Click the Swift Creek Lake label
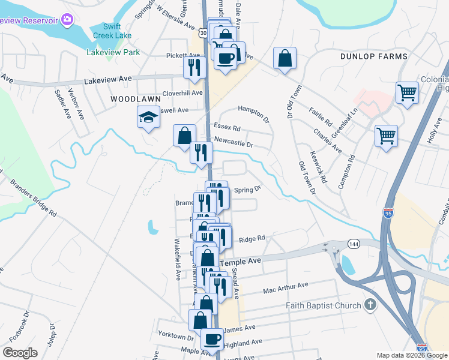112,31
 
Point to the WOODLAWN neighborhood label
135,98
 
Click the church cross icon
370,305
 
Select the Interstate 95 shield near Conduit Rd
387,212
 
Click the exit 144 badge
353,244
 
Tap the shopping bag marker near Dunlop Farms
285,58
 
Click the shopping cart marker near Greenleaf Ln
407,93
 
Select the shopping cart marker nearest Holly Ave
385,134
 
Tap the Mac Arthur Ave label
285,289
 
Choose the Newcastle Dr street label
234,145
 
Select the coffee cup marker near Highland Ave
212,340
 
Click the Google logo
20,353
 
